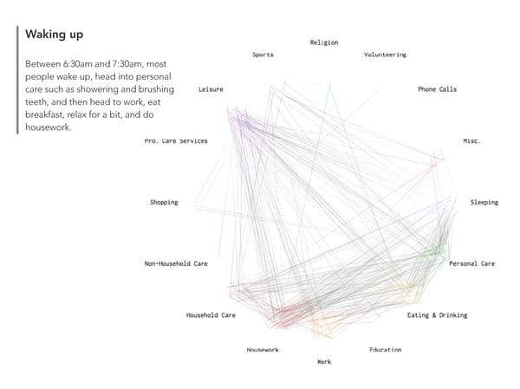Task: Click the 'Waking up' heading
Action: point(55,35)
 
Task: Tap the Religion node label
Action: point(324,42)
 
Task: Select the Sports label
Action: point(263,55)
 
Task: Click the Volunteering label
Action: point(385,55)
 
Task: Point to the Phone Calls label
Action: point(437,89)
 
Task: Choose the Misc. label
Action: point(471,140)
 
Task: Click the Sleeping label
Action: point(484,203)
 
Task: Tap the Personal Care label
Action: point(471,263)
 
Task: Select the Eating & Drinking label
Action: point(437,315)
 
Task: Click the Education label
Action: point(385,350)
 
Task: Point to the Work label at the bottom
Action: point(324,362)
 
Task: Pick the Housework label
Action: point(263,350)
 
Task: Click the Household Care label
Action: point(211,315)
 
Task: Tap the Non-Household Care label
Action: point(176,263)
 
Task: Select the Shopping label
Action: point(164,203)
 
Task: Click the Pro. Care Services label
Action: point(176,141)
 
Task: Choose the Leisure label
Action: point(211,89)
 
